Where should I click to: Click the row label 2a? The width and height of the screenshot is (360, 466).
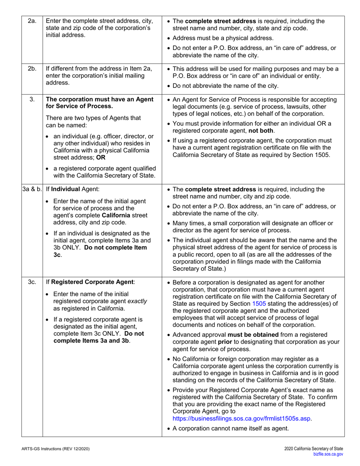32,21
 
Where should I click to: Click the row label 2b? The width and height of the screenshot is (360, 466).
32,69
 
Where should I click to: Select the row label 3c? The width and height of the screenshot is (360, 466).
32,282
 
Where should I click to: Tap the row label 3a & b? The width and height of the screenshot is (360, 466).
32,189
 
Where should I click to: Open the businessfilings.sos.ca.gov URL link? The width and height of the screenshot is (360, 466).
242,419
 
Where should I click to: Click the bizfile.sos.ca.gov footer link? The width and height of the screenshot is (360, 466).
328,454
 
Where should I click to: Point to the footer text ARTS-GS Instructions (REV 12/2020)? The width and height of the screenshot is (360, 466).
56,449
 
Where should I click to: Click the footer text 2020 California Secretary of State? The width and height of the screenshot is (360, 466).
313,449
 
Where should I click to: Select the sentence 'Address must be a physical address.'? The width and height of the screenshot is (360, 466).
223,38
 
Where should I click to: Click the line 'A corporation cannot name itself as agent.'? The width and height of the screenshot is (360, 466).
230,428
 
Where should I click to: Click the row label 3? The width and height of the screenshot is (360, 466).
32,99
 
